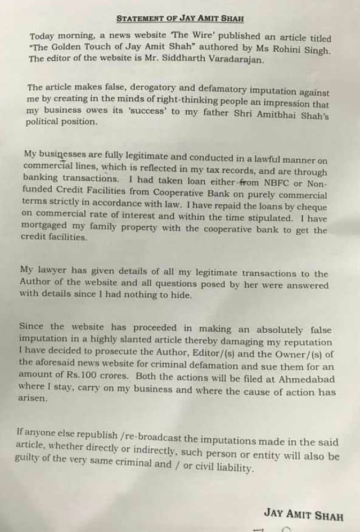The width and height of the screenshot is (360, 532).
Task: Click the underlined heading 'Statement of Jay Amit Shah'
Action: pyautogui.click(x=179, y=18)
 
